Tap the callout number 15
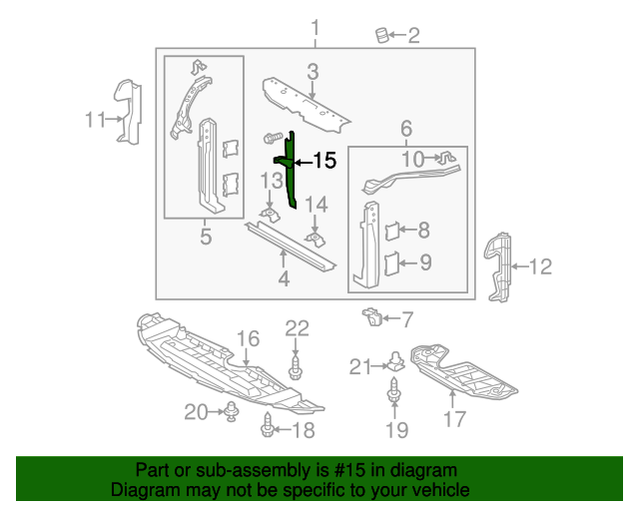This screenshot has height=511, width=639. pos(325,161)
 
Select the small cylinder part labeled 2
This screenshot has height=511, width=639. pos(380,36)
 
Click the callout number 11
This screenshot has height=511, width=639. pos(95,121)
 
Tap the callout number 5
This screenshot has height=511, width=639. pos(206,237)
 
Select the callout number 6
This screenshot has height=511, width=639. pos(406,129)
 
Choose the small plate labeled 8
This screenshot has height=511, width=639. pos(391,232)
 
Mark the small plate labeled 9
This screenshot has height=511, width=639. pos(391,263)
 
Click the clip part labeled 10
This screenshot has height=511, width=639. pos(445,157)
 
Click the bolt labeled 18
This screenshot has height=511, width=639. pos(268,429)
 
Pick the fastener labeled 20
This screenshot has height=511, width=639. pos(232,410)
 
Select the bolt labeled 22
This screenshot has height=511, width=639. pos(297,371)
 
